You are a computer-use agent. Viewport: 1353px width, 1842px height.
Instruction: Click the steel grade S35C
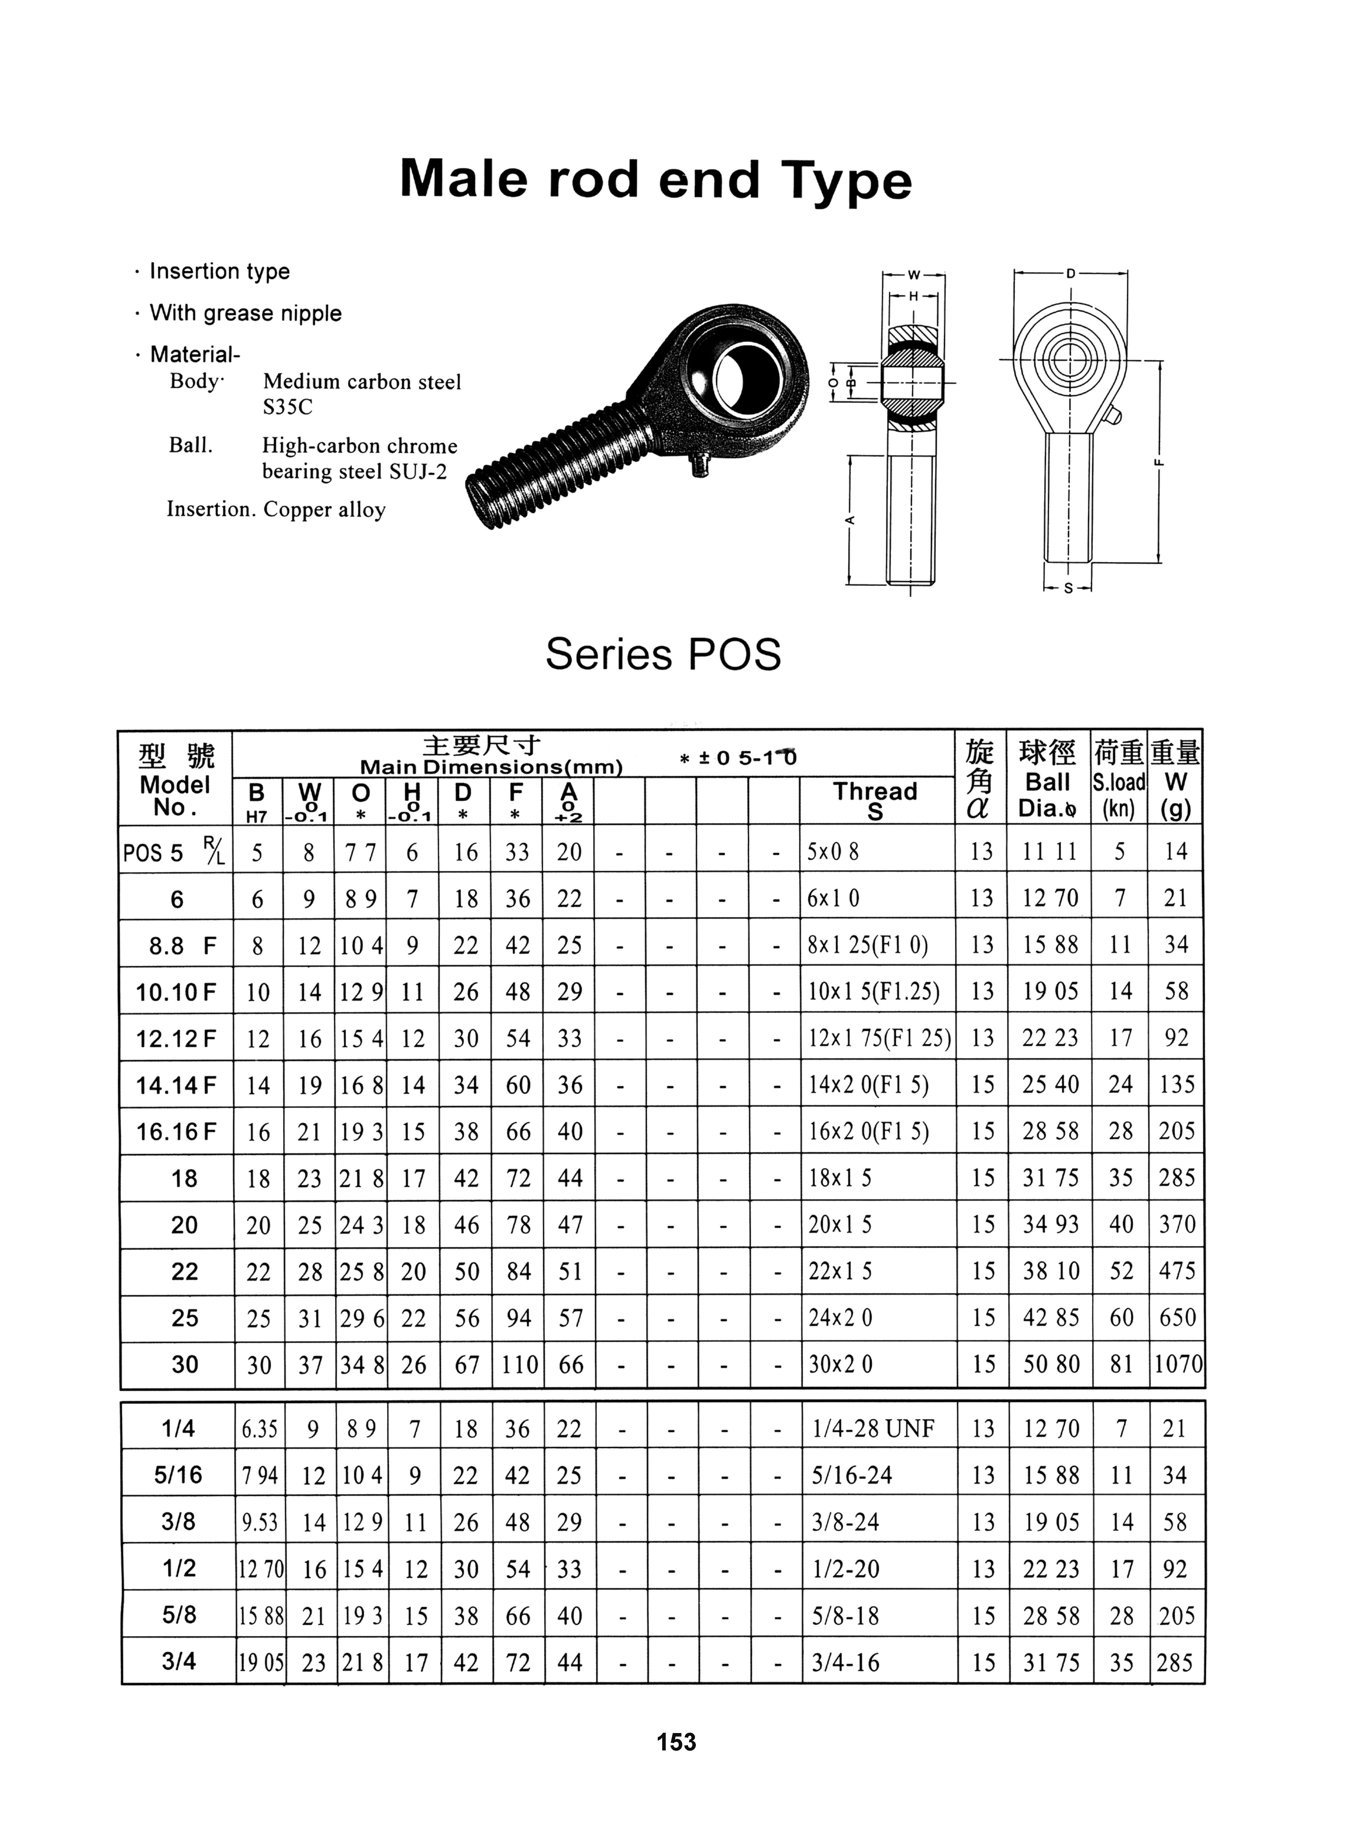tap(288, 407)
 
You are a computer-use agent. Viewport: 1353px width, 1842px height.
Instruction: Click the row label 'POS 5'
tap(156, 853)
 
